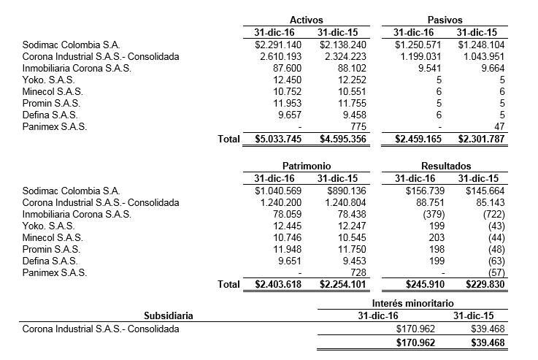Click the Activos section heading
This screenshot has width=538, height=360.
point(307,20)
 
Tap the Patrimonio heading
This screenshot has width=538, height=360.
point(307,166)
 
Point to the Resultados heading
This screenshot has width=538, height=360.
point(445,166)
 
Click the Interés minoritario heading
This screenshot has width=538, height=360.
point(412,302)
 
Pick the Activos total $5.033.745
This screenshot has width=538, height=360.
point(270,139)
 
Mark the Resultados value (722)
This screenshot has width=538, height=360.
point(492,214)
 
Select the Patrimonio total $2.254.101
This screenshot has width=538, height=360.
point(332,285)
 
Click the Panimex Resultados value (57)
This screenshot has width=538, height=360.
point(496,272)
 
